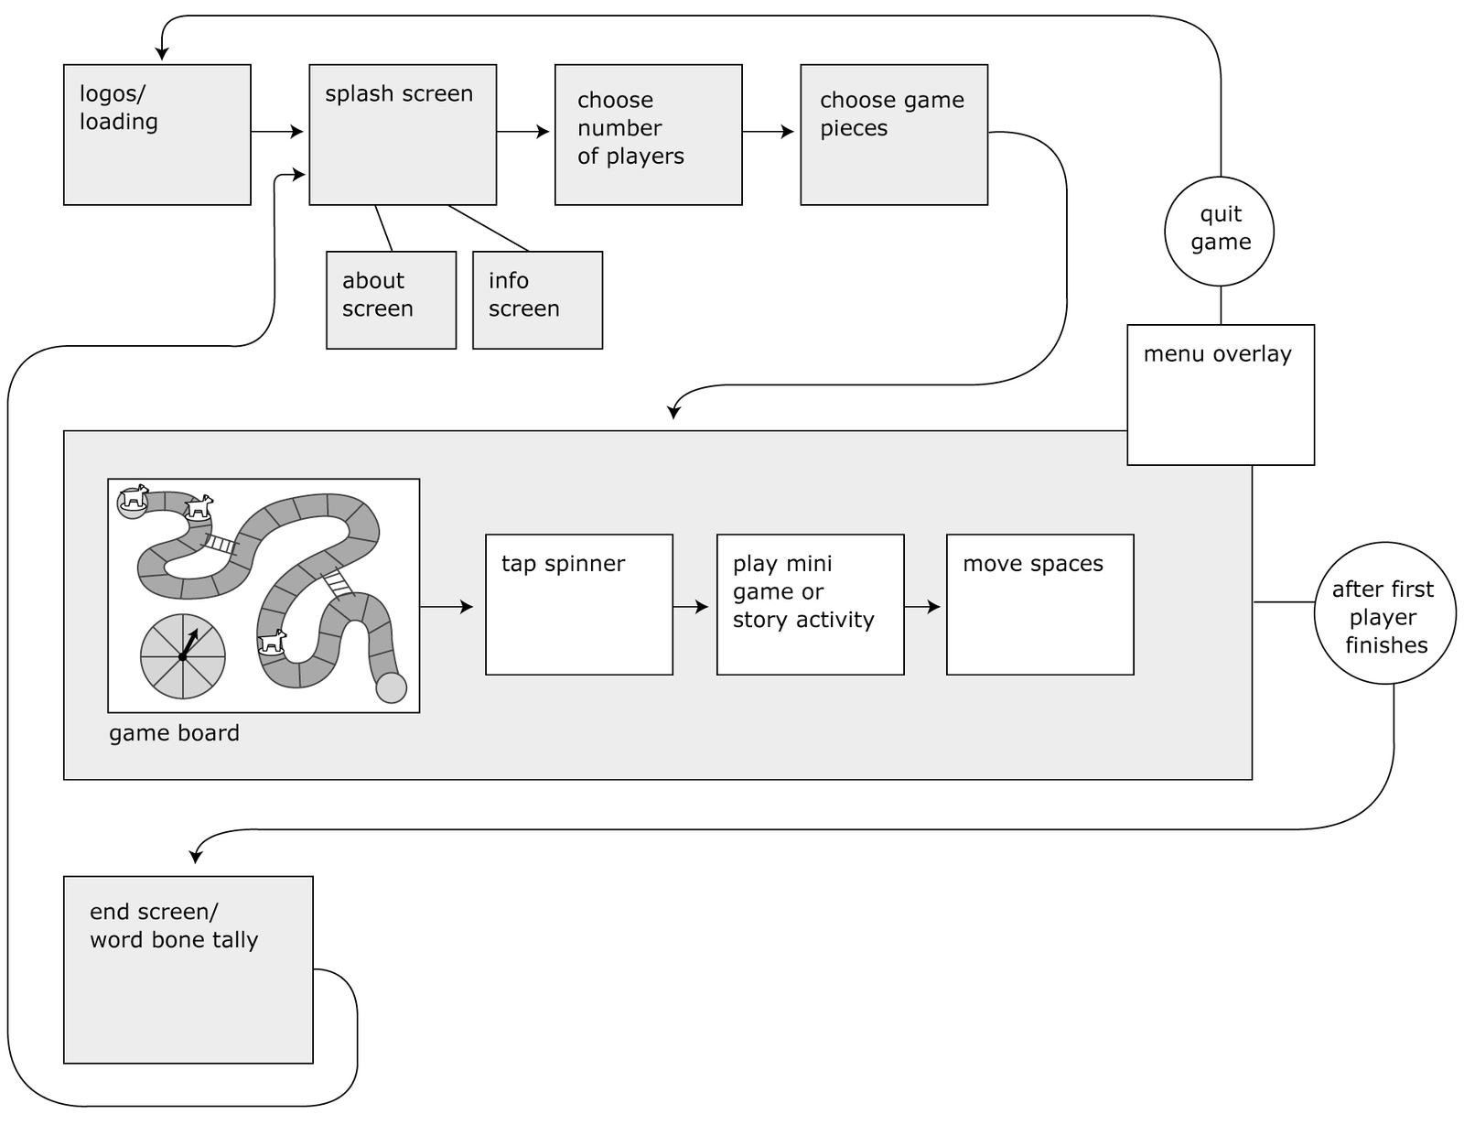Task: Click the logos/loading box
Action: [x=156, y=135]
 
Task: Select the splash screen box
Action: [x=403, y=135]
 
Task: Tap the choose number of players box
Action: [x=648, y=135]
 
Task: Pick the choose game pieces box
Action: [x=894, y=135]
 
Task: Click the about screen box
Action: [x=391, y=300]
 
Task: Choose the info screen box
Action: [x=537, y=300]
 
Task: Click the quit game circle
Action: [x=1219, y=231]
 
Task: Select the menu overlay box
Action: [x=1221, y=395]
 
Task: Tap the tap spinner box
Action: [x=579, y=605]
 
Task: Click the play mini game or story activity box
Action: [x=810, y=605]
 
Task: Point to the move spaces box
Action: [x=1039, y=605]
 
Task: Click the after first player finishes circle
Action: [x=1384, y=613]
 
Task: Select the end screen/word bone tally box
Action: [x=188, y=969]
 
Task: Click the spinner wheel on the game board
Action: [x=183, y=656]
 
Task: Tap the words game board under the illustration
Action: [x=174, y=733]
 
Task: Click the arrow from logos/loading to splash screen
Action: [x=277, y=132]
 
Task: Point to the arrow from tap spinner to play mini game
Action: [x=691, y=606]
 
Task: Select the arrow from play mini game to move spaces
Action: [x=922, y=606]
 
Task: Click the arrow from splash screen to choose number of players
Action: [x=523, y=132]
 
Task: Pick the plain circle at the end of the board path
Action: [x=392, y=687]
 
